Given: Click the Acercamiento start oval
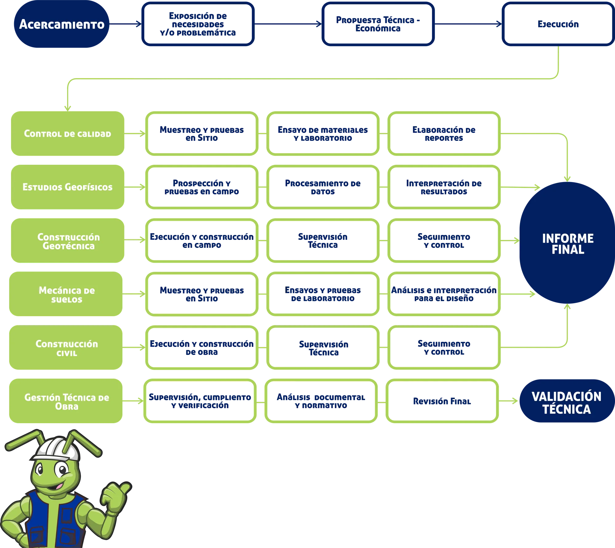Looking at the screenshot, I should tap(61, 24).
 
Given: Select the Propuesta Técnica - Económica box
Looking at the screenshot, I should tap(378, 24).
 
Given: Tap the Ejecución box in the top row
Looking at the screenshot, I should tap(557, 24).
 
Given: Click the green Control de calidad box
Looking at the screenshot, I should tap(67, 133).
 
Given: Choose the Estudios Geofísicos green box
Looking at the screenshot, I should tap(67, 187).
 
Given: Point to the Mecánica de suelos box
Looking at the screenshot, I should tap(66, 294).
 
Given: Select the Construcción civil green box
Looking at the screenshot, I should tap(66, 348).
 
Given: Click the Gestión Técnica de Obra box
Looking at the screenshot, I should tap(66, 401).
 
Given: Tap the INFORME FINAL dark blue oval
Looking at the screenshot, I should tap(567, 244).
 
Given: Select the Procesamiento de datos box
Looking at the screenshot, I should tap(323, 187).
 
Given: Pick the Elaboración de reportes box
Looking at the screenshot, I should tap(444, 133).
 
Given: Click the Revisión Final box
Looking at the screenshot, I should tap(442, 401).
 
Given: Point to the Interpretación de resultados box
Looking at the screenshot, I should tap(444, 187).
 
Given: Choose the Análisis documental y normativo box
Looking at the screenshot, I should tap(321, 401).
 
